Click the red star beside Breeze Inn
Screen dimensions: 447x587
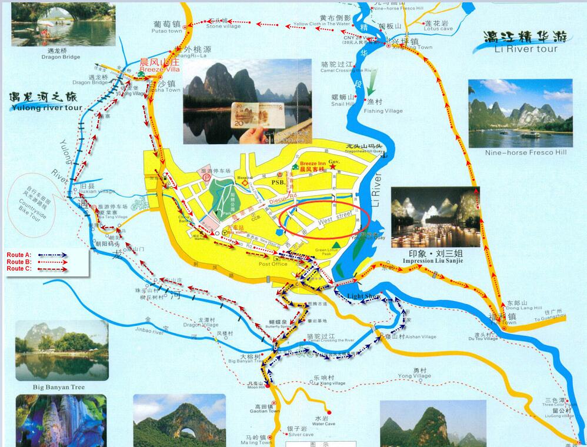(332, 168)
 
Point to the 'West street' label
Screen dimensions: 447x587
(335, 220)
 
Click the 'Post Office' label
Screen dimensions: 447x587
(273, 264)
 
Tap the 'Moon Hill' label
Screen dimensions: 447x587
(256, 387)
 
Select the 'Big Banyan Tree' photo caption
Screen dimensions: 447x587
(59, 387)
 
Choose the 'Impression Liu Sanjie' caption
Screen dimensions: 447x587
(433, 260)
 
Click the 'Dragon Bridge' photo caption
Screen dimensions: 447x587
(61, 57)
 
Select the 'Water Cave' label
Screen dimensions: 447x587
(323, 423)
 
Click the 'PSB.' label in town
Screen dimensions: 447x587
(278, 182)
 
